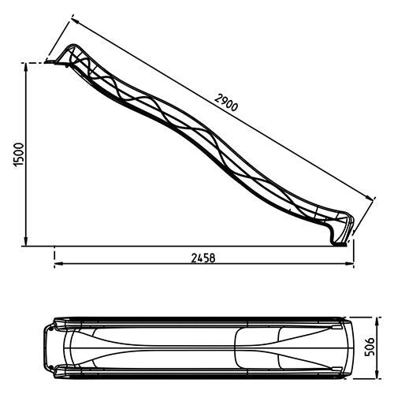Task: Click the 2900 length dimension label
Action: point(226,102)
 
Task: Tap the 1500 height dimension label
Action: point(19,154)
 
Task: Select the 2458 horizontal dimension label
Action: point(203,258)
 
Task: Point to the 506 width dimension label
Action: point(370,347)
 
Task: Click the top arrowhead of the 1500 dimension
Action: point(26,68)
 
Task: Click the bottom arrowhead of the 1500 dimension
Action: point(26,241)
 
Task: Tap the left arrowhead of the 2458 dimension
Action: point(59,263)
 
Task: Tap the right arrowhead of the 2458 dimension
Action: point(349,263)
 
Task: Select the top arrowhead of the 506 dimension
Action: point(377,322)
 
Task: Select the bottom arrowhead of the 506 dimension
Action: point(377,374)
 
